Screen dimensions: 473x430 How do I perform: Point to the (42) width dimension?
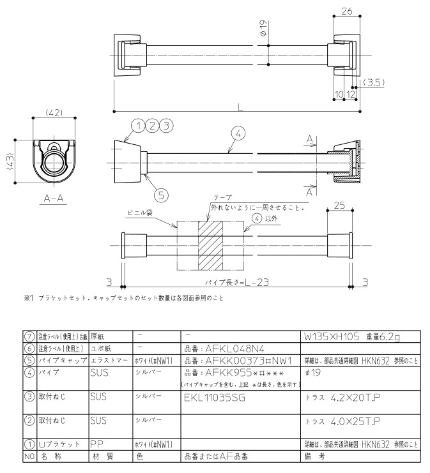[x=54, y=113]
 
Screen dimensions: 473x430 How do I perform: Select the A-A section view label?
[x=54, y=199]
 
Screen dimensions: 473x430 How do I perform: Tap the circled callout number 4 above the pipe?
[x=236, y=133]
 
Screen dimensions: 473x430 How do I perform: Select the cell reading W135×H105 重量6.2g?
[x=352, y=335]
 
